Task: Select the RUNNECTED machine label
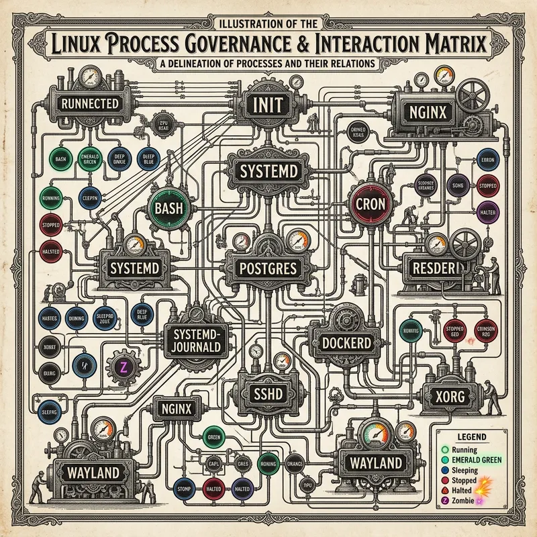click(89, 104)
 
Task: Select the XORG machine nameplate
click(448, 395)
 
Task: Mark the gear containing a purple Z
click(123, 367)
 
